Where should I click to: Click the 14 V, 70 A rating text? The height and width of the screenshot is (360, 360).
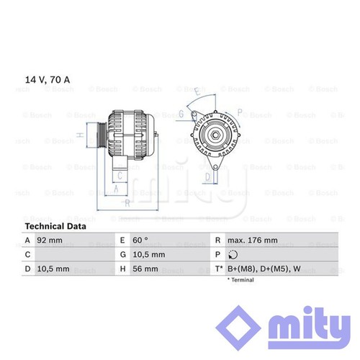pyautogui.click(x=48, y=80)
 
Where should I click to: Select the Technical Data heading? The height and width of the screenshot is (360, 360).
pyautogui.click(x=55, y=226)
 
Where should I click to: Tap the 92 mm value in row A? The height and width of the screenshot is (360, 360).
pyautogui.click(x=50, y=240)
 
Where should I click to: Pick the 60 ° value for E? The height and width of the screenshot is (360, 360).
pyautogui.click(x=140, y=240)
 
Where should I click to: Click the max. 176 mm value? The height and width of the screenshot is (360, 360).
pyautogui.click(x=253, y=240)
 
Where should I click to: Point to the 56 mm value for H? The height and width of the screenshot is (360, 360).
pyautogui.click(x=145, y=269)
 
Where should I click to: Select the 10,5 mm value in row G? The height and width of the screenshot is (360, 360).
pyautogui.click(x=149, y=255)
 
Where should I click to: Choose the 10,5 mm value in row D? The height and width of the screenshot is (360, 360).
pyautogui.click(x=53, y=269)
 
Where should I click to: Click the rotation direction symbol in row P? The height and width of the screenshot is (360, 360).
pyautogui.click(x=233, y=255)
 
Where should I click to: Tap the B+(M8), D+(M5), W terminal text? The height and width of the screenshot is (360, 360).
pyautogui.click(x=264, y=269)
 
